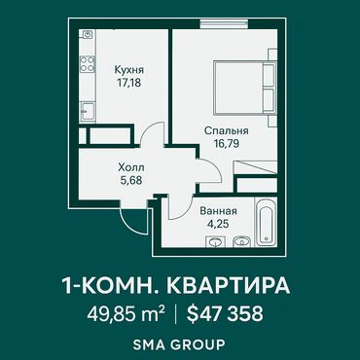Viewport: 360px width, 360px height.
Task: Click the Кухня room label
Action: coord(129,70)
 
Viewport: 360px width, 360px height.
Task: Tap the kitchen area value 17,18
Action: coord(129,83)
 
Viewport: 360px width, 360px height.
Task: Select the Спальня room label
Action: coord(227,131)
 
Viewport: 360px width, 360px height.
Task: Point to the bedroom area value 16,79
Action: coord(226,143)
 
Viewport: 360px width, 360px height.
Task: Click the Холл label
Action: coord(131,167)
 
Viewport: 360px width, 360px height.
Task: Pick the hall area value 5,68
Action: coord(131,180)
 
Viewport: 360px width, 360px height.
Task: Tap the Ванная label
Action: coord(218,211)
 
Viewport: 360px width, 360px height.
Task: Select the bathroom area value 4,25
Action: coord(218,224)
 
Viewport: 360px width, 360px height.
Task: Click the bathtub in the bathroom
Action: coord(266,222)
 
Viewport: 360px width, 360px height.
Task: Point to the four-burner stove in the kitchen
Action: coord(88,63)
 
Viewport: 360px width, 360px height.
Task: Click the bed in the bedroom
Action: coord(245,88)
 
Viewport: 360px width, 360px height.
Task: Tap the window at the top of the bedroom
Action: coord(224,24)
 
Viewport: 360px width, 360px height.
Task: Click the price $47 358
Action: coord(225,313)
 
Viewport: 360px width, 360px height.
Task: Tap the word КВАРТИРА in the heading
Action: coord(230,286)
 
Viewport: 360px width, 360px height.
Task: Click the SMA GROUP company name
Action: coord(179,344)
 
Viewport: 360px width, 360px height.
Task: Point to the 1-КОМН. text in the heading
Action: coord(112,286)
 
